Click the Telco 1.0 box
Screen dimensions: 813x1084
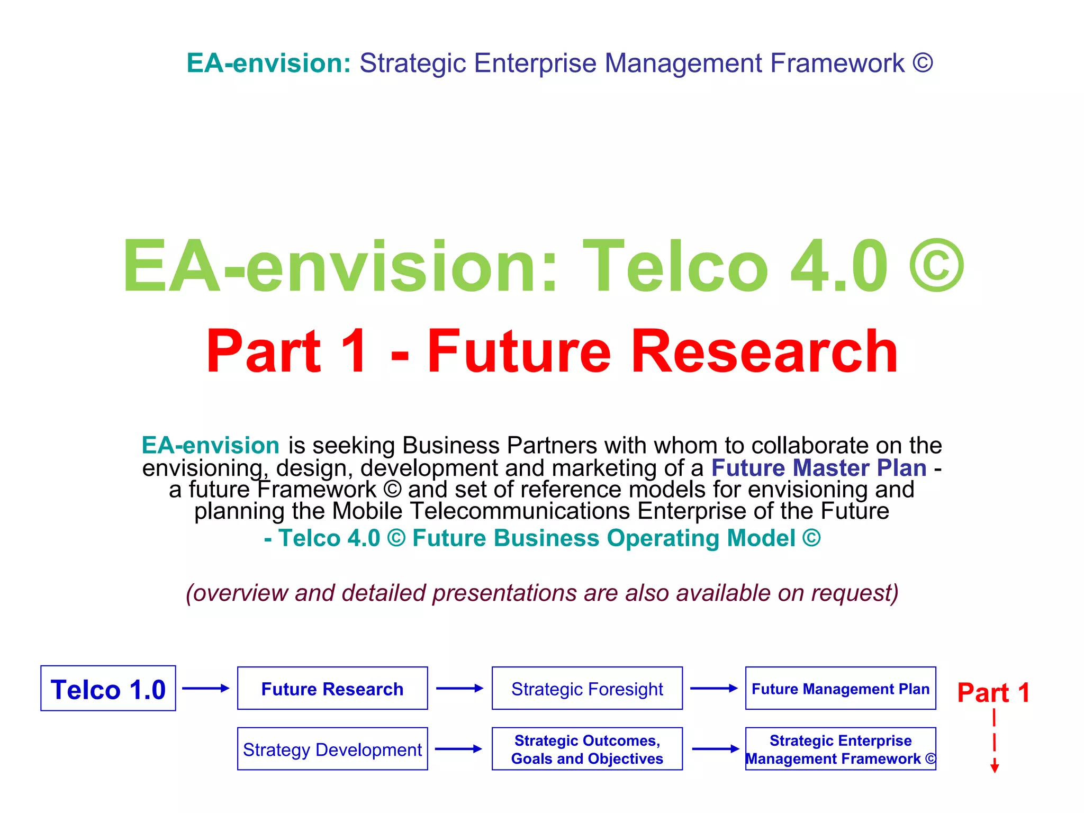coord(108,688)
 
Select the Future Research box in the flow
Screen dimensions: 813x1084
coord(332,688)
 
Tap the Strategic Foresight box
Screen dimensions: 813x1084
coord(587,688)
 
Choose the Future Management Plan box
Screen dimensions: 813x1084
coord(841,688)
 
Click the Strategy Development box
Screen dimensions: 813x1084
coord(332,749)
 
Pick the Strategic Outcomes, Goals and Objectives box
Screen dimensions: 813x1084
coord(587,749)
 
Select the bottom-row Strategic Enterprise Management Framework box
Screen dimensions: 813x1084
coord(841,749)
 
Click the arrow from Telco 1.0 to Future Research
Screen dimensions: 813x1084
coord(205,688)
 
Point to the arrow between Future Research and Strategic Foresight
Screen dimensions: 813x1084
coord(459,688)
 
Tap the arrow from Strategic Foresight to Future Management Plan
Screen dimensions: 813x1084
coord(713,688)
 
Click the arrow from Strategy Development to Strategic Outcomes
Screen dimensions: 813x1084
coord(458,749)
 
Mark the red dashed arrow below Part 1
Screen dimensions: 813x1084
coord(995,741)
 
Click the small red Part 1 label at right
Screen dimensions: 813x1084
coord(993,692)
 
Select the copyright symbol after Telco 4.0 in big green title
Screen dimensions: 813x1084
coord(936,266)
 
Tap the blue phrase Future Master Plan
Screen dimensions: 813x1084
coord(818,468)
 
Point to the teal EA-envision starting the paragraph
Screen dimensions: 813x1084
coord(210,445)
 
